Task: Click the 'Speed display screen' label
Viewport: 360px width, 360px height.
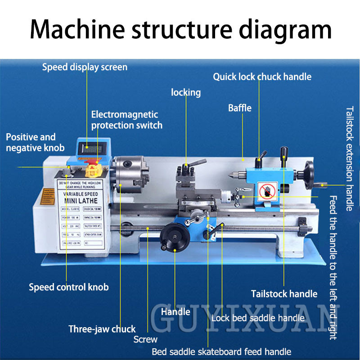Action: tap(85, 67)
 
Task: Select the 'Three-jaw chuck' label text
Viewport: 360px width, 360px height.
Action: tap(102, 329)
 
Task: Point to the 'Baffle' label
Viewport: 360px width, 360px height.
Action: tap(240, 108)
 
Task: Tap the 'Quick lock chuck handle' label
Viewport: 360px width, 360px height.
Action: tap(262, 77)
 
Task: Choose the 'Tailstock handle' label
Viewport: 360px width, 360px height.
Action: tap(284, 294)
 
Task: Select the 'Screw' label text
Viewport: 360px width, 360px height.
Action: tap(145, 339)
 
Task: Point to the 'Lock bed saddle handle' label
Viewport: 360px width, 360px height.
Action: tap(258, 318)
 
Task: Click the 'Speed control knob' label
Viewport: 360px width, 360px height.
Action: tap(68, 287)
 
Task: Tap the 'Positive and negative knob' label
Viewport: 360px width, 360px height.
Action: tap(35, 142)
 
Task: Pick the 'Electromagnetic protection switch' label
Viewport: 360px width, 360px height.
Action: tap(126, 120)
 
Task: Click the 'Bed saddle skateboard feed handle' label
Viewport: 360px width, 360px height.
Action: tap(221, 352)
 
